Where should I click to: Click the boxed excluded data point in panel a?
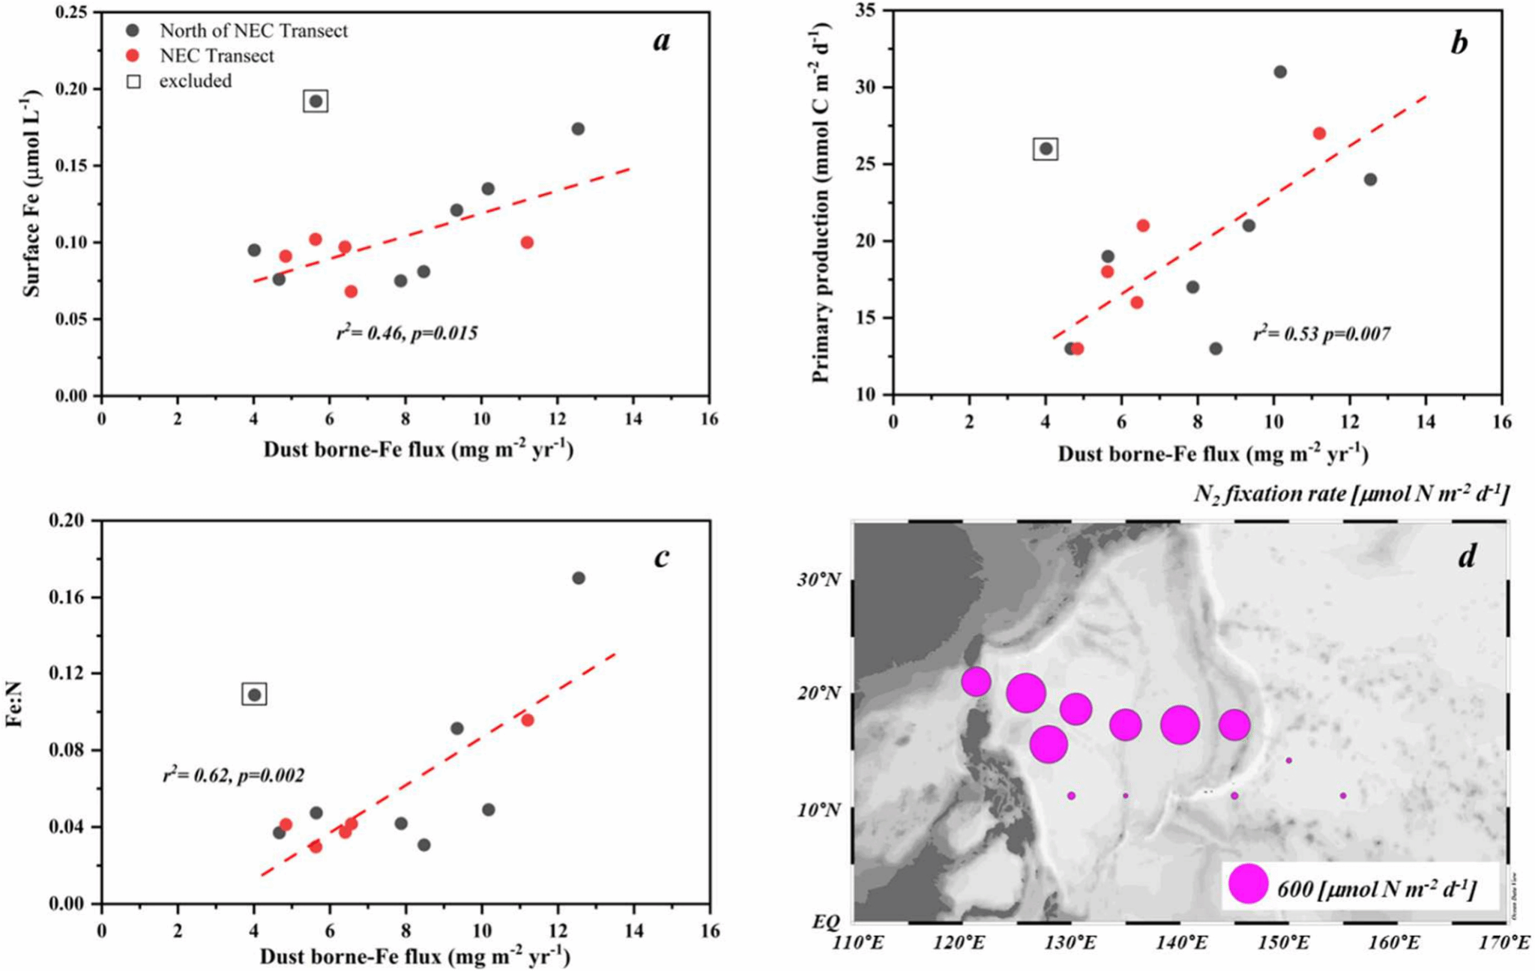click(x=316, y=101)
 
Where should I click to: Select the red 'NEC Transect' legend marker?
click(x=133, y=55)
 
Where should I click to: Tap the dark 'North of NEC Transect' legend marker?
click(x=133, y=31)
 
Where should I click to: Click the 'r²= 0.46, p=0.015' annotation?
click(x=407, y=333)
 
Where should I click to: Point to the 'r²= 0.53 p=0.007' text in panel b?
click(x=1321, y=333)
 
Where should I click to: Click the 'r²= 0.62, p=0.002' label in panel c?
click(x=234, y=775)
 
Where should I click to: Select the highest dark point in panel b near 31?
click(x=1280, y=72)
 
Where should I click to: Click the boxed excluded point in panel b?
click(x=1046, y=149)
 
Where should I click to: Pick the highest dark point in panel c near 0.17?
click(x=579, y=578)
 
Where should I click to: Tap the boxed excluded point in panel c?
click(x=255, y=695)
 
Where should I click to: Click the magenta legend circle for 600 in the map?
click(x=1248, y=884)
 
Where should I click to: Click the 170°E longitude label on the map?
click(x=1506, y=942)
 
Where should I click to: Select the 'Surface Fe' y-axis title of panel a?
click(x=31, y=194)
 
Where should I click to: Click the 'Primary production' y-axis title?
click(x=821, y=202)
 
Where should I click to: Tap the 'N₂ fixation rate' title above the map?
click(x=1351, y=494)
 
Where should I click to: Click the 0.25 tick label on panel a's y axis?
click(x=72, y=12)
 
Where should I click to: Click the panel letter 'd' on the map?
click(x=1466, y=556)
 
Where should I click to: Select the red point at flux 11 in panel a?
click(x=527, y=243)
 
